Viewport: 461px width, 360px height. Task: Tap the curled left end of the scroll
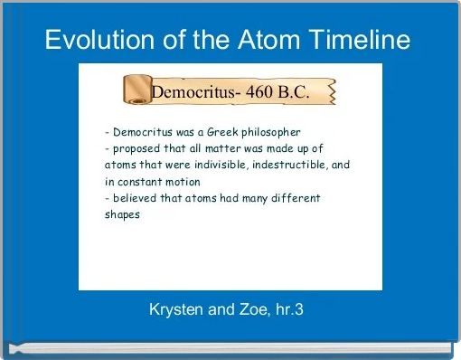coord(134,90)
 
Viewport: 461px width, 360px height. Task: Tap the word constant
coord(137,182)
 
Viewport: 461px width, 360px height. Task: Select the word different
coord(291,198)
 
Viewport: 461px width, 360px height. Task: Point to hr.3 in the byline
coord(287,310)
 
